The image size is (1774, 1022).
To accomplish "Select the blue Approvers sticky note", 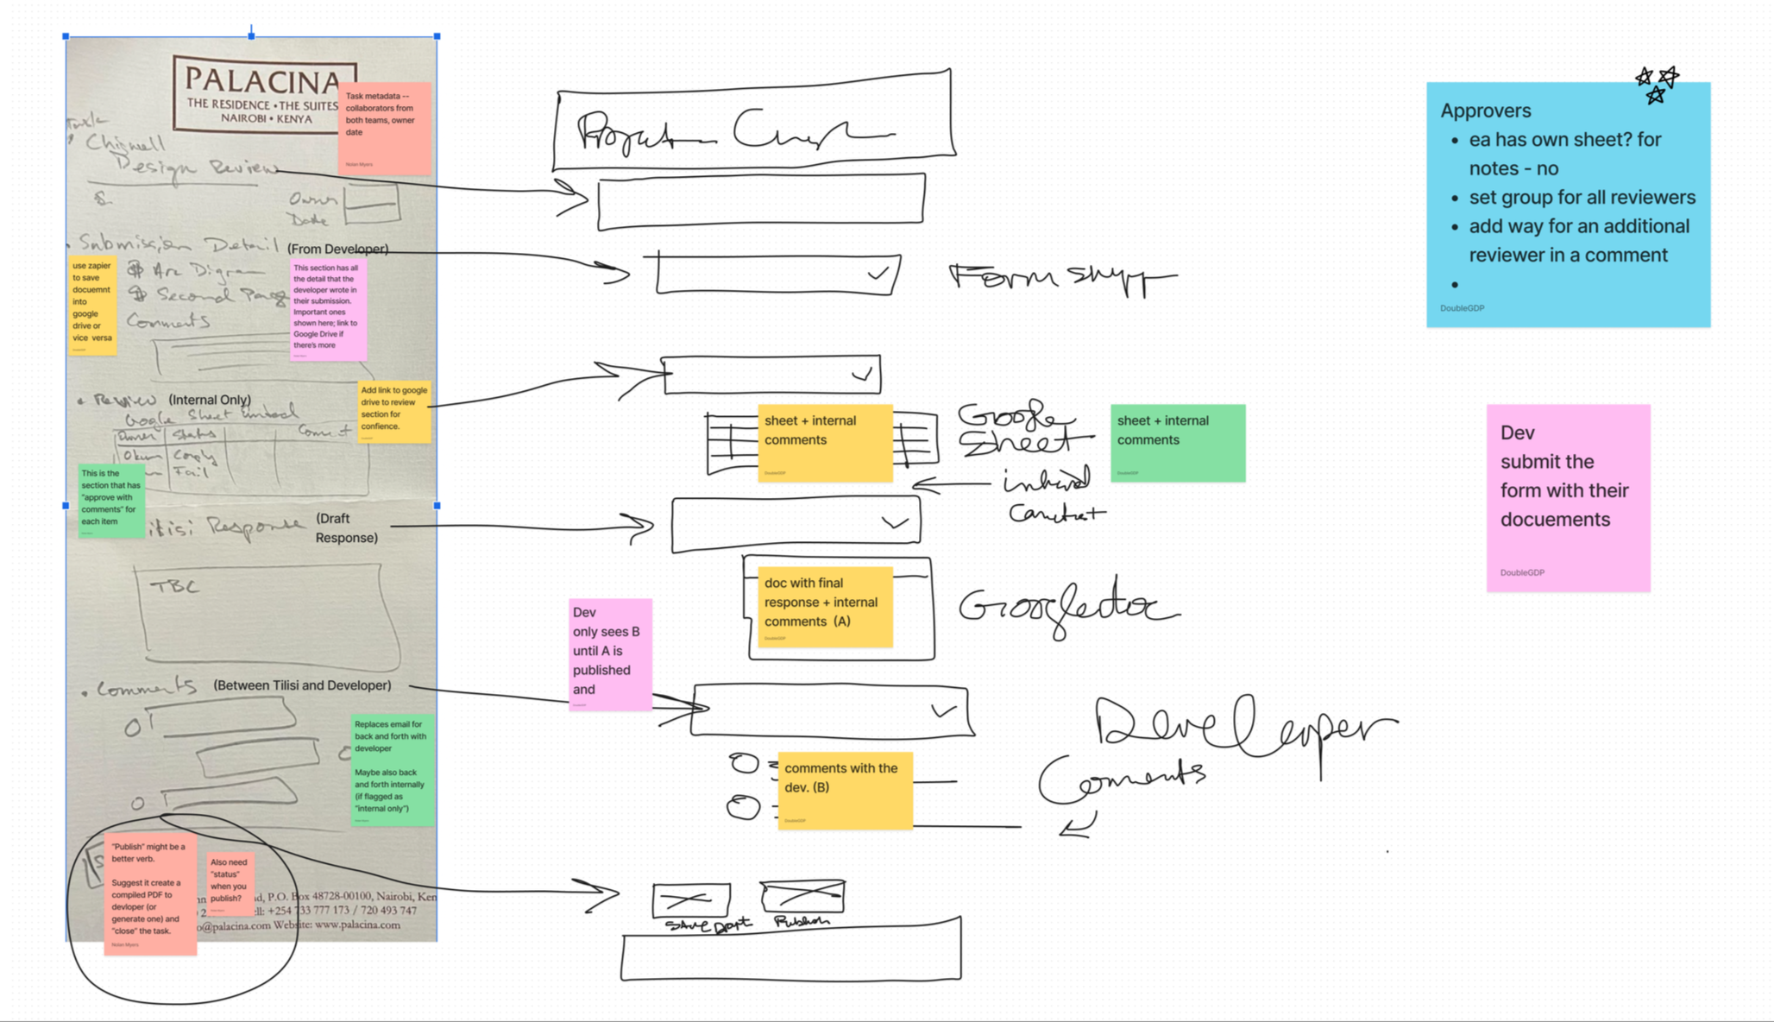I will [x=1568, y=205].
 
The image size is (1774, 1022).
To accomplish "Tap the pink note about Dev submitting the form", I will [x=1568, y=498].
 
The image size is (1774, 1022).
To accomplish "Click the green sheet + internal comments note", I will [x=1177, y=443].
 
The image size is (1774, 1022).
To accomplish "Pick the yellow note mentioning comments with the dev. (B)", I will [x=845, y=791].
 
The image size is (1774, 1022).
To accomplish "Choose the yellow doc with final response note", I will [x=825, y=607].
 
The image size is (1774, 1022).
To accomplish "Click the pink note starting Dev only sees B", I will [x=610, y=654].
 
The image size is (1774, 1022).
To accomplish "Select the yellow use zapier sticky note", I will [x=92, y=306].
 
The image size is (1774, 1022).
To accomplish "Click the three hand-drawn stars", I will [x=1657, y=85].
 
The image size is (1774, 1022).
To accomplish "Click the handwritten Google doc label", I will [x=1066, y=608].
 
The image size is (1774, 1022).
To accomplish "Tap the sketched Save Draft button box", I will [x=691, y=900].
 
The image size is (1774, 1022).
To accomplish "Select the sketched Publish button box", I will [x=802, y=897].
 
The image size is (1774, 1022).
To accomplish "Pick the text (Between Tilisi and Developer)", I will [x=302, y=685].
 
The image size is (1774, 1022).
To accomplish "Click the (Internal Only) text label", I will [x=210, y=400].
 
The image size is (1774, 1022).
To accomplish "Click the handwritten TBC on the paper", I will [x=174, y=587].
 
